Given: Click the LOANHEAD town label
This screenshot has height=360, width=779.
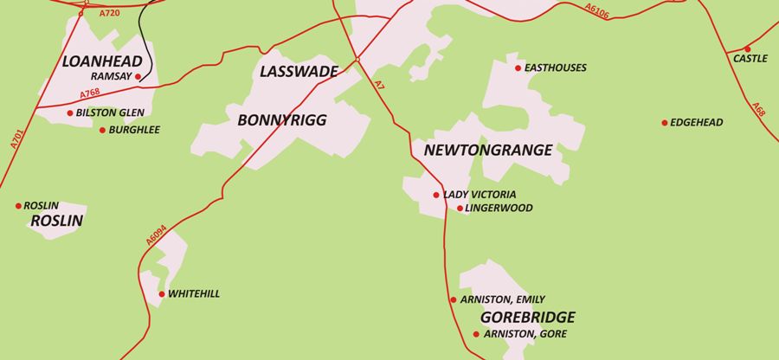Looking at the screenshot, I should [x=95, y=61].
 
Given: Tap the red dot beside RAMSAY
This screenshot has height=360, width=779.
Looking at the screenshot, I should [x=138, y=77].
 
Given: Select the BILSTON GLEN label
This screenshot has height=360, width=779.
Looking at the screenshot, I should [x=110, y=112].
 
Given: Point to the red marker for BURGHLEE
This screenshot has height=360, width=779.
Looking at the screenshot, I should [x=102, y=131].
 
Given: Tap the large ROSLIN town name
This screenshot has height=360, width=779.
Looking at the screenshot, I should [x=56, y=222].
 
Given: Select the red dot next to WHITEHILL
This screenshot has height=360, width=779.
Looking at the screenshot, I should [x=162, y=295].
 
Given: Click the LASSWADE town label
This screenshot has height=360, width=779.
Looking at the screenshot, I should [x=298, y=72].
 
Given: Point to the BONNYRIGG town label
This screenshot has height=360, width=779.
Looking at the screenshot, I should [x=282, y=121].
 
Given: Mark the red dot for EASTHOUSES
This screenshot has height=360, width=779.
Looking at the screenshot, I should [x=518, y=68].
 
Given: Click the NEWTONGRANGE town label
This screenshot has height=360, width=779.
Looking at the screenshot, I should [x=487, y=151].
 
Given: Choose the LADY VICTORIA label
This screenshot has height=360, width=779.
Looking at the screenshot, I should [x=480, y=195].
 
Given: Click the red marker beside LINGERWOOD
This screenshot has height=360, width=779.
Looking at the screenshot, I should [x=460, y=209].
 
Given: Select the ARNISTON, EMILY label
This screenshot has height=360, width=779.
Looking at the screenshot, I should [x=502, y=299].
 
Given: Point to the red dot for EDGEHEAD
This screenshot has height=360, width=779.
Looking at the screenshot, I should [x=664, y=123].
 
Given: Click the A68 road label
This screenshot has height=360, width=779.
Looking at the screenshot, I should [x=758, y=110].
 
